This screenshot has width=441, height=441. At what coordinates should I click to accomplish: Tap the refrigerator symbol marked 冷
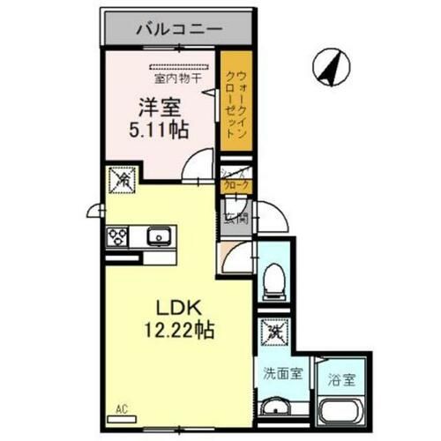coord(120,182)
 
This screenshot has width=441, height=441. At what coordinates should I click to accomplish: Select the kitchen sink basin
coord(159,235)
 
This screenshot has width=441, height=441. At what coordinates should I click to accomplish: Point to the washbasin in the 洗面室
coord(280,407)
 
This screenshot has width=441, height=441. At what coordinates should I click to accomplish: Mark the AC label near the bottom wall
coord(121,408)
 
